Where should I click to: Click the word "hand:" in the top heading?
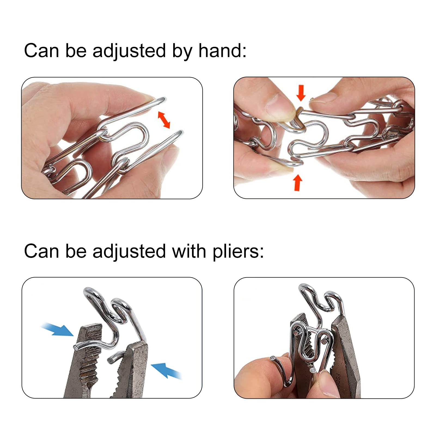point(222,51)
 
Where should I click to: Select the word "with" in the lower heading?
point(189,251)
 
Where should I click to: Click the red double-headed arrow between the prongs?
point(164,120)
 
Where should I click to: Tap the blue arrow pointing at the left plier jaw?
point(57,329)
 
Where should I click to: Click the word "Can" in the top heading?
point(41,51)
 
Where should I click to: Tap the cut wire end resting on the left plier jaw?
point(76,347)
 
